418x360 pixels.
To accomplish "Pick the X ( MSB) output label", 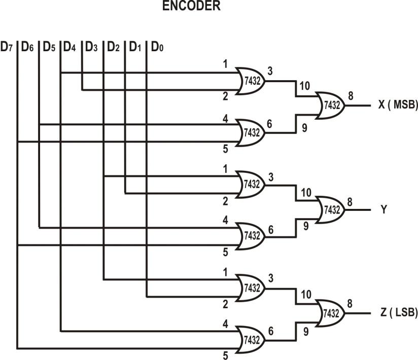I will click(397, 105).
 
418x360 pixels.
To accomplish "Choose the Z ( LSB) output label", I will click(397, 313).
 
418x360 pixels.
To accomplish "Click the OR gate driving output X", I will click(330, 106).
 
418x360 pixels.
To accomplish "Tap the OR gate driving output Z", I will click(330, 313).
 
